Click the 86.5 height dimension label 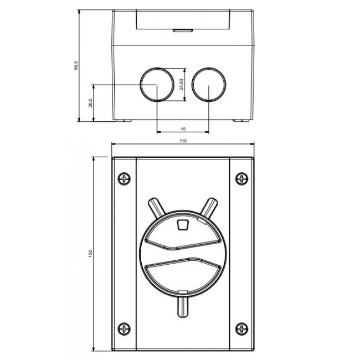(77, 65)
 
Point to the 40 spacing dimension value (183, 128)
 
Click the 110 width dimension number (183, 141)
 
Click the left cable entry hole (156, 85)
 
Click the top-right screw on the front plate (241, 178)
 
